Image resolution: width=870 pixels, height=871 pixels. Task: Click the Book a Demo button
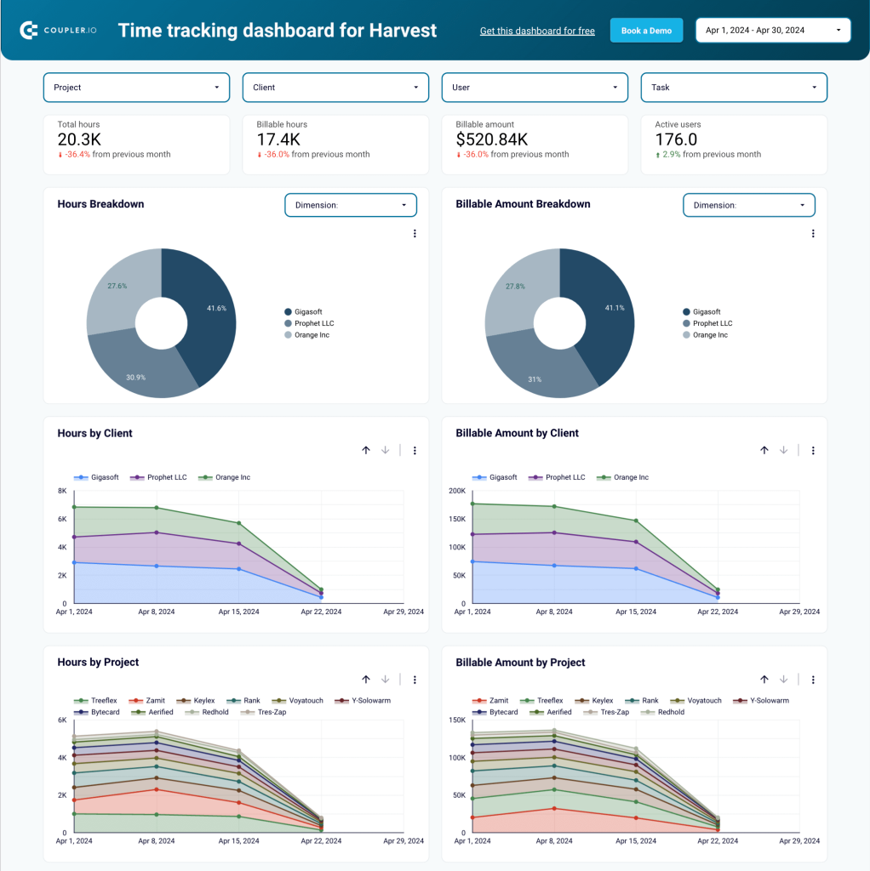click(646, 31)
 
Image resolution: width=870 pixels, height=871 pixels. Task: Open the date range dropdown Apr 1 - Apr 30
click(773, 31)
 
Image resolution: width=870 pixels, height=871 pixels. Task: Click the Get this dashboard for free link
click(537, 31)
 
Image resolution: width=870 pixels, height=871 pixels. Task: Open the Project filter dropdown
click(136, 88)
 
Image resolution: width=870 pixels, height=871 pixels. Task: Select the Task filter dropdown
click(733, 88)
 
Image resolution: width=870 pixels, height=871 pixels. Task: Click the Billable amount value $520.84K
click(492, 139)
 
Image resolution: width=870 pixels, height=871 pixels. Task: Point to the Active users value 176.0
click(676, 139)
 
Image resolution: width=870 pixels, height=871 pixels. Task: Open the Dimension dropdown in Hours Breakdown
click(350, 205)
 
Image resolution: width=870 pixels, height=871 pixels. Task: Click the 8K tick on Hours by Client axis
click(62, 491)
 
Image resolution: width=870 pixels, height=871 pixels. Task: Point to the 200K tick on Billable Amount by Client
click(456, 491)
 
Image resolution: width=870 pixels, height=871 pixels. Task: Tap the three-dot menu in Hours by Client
click(415, 451)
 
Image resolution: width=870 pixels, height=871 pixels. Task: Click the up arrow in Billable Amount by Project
click(764, 680)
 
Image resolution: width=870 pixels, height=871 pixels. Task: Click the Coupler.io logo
click(59, 31)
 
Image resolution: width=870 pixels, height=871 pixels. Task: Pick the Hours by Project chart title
click(98, 663)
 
